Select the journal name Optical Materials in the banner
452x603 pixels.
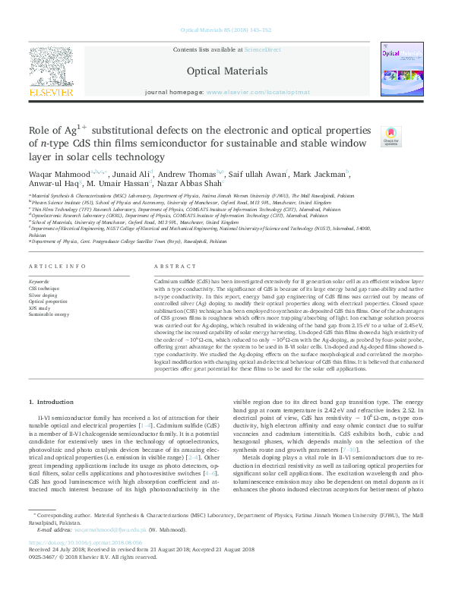pos(226,71)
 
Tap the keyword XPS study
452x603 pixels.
pos(40,307)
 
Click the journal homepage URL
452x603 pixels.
pos(258,92)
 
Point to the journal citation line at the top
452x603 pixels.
pos(226,30)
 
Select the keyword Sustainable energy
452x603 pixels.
pos(49,313)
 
